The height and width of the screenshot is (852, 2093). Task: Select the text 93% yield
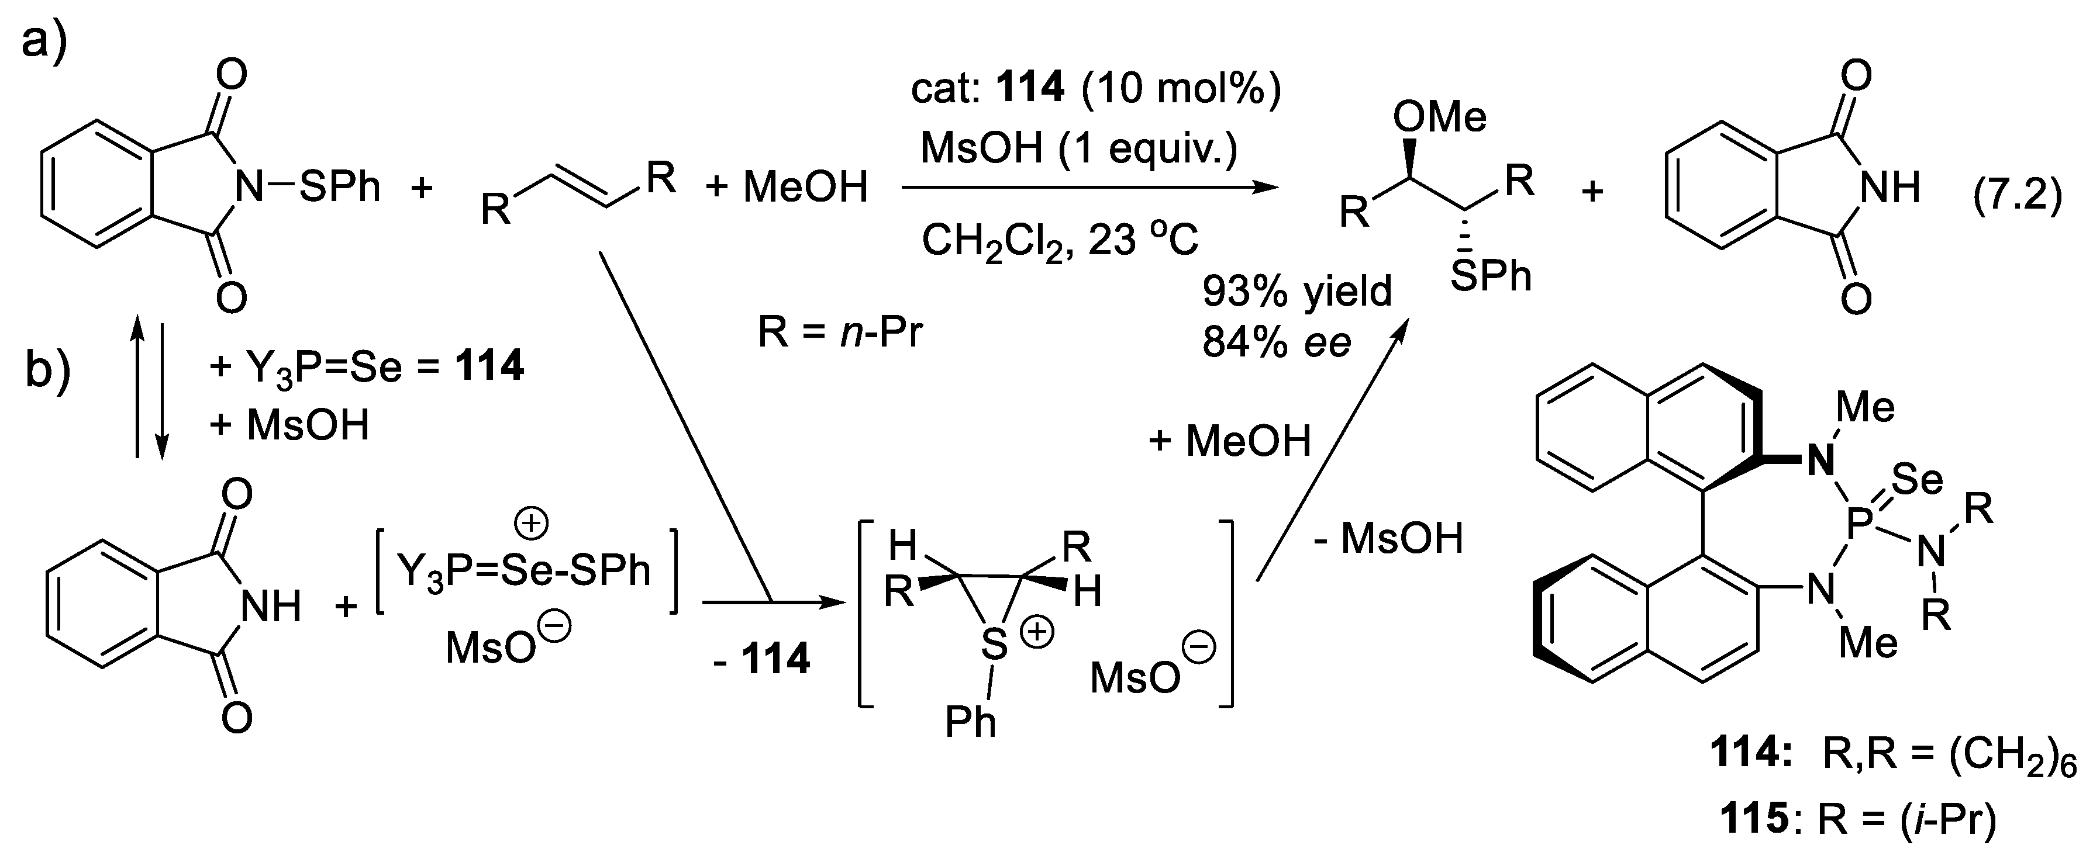tap(1298, 291)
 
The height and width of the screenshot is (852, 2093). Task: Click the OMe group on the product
tap(1439, 118)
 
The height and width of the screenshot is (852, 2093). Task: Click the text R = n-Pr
tap(840, 332)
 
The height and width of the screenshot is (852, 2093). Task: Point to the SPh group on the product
tap(1490, 277)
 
